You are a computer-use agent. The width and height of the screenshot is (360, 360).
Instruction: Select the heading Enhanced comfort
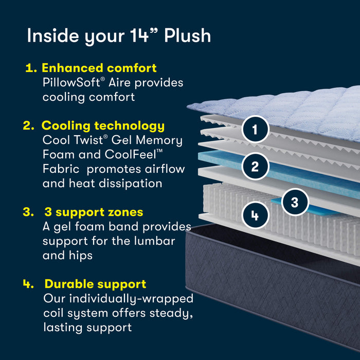99,68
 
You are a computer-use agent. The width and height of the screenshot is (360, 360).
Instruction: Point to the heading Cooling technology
103,125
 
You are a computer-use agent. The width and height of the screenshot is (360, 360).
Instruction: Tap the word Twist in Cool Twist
94,140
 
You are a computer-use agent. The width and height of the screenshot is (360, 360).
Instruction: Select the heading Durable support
95,284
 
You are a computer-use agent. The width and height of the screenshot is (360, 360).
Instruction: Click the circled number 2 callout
255,166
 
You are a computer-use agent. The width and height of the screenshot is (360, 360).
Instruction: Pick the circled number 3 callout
294,202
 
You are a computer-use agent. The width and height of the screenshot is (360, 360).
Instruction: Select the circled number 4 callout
255,215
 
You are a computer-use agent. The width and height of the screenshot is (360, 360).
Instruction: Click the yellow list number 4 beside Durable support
28,284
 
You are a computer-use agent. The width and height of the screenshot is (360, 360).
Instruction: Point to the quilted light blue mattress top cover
288,108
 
